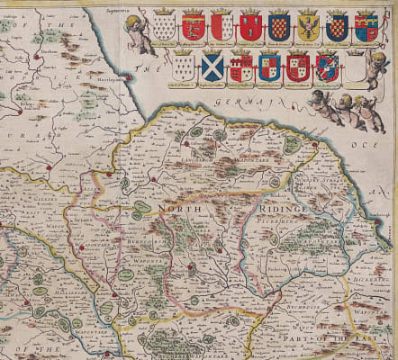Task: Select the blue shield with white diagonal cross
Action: (213, 65)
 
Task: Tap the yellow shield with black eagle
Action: (309, 26)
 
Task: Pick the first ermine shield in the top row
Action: (164, 26)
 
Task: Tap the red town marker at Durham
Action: (37, 58)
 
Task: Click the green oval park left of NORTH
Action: (141, 208)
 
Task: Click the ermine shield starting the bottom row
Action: (185, 65)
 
